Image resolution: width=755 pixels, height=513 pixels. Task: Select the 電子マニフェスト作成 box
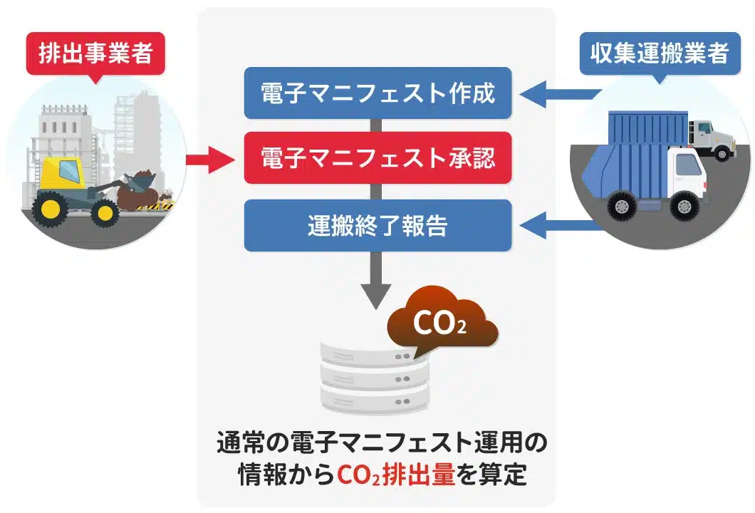377,93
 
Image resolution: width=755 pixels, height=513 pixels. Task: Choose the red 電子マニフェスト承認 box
377,157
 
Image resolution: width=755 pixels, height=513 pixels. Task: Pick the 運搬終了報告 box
377,225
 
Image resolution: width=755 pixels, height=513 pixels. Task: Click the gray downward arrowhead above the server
377,291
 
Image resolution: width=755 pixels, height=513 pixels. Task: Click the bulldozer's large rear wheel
52,207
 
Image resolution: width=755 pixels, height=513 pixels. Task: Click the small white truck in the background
709,139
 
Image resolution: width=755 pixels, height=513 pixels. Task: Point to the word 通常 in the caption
240,443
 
